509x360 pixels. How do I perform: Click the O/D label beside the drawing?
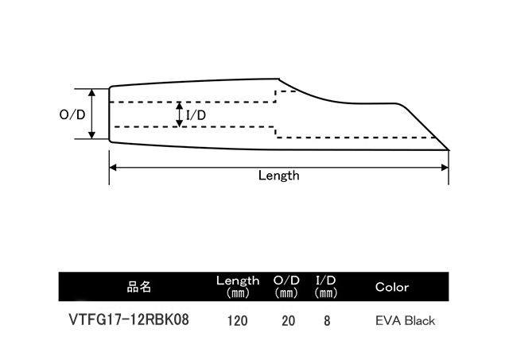click(72, 114)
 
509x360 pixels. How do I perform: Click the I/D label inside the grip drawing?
click(196, 116)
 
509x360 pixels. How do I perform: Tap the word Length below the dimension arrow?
click(278, 176)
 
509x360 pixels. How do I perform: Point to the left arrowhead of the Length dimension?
click(112, 166)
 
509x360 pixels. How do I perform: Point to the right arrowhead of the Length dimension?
click(445, 166)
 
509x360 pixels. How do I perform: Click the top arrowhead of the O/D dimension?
click(92, 92)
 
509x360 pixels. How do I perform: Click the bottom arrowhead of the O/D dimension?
click(92, 136)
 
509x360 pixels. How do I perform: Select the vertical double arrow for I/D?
click(180, 114)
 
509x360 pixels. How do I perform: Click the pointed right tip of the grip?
click(449, 149)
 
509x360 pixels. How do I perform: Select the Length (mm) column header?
click(238, 286)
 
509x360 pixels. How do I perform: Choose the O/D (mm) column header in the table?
click(286, 286)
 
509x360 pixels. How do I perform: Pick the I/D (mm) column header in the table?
click(327, 286)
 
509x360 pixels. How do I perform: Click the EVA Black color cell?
click(405, 322)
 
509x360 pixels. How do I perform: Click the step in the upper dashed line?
click(276, 95)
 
